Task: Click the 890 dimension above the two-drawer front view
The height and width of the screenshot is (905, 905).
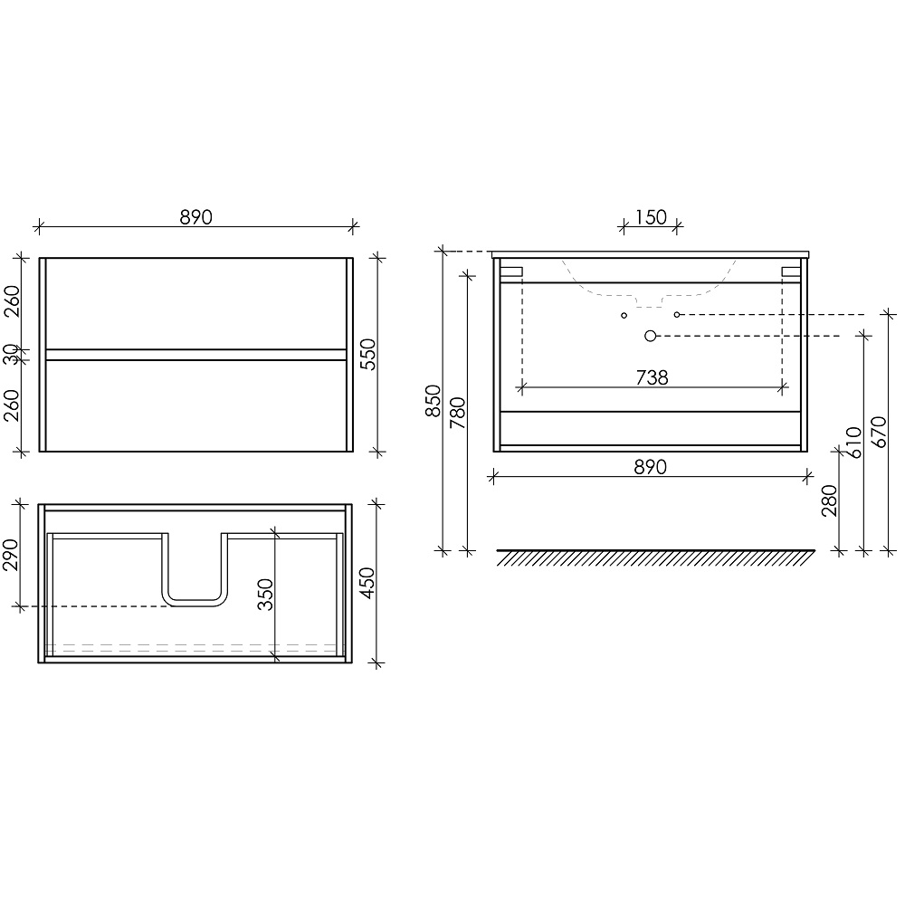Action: pyautogui.click(x=195, y=217)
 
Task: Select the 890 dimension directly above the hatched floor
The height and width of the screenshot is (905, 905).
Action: pyautogui.click(x=650, y=466)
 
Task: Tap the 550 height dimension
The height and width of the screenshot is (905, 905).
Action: pyautogui.click(x=367, y=355)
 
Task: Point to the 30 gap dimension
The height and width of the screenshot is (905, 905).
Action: pyautogui.click(x=11, y=355)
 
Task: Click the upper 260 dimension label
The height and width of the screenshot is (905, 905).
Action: pyautogui.click(x=12, y=301)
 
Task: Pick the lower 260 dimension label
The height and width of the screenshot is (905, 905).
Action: pyautogui.click(x=12, y=405)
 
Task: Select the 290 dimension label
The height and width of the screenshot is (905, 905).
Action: pyautogui.click(x=12, y=555)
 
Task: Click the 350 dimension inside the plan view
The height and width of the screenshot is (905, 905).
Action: pyautogui.click(x=265, y=595)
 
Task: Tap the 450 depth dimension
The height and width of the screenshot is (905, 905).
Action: pyautogui.click(x=367, y=583)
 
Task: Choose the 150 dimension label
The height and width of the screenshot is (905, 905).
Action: pyautogui.click(x=651, y=217)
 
